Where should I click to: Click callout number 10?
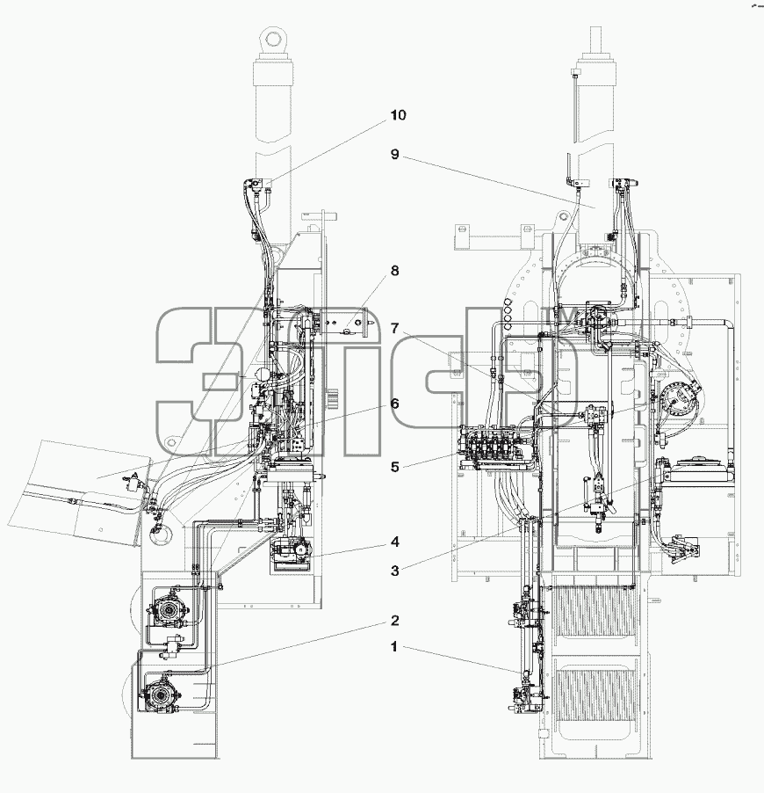coord(398,115)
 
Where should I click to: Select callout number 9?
coord(395,154)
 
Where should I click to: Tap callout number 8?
coord(395,271)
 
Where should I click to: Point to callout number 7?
coord(395,328)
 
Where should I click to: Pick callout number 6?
coord(394,404)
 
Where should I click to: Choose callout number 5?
coord(395,467)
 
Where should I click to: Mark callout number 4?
coord(395,542)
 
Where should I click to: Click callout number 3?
coord(395,571)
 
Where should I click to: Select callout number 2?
coord(395,621)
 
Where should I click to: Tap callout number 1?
coord(394,647)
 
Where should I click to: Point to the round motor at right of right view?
coord(676,398)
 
